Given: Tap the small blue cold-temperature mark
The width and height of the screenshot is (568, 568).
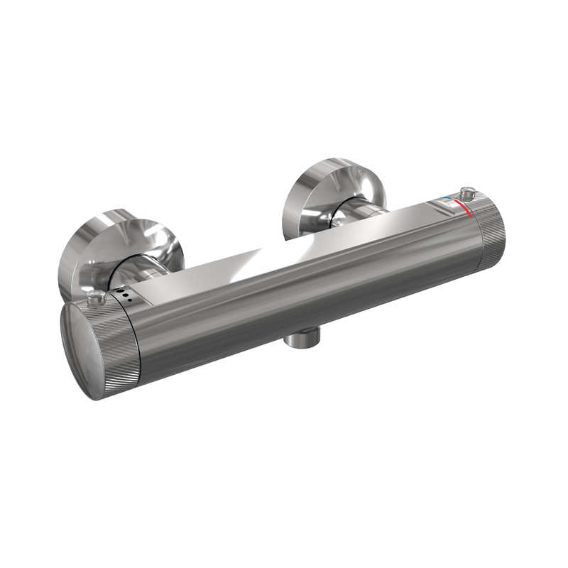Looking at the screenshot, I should (x=446, y=200).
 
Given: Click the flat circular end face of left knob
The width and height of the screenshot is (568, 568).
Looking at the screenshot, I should (x=89, y=349).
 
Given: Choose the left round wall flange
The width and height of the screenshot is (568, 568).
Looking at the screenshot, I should (x=114, y=245).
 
